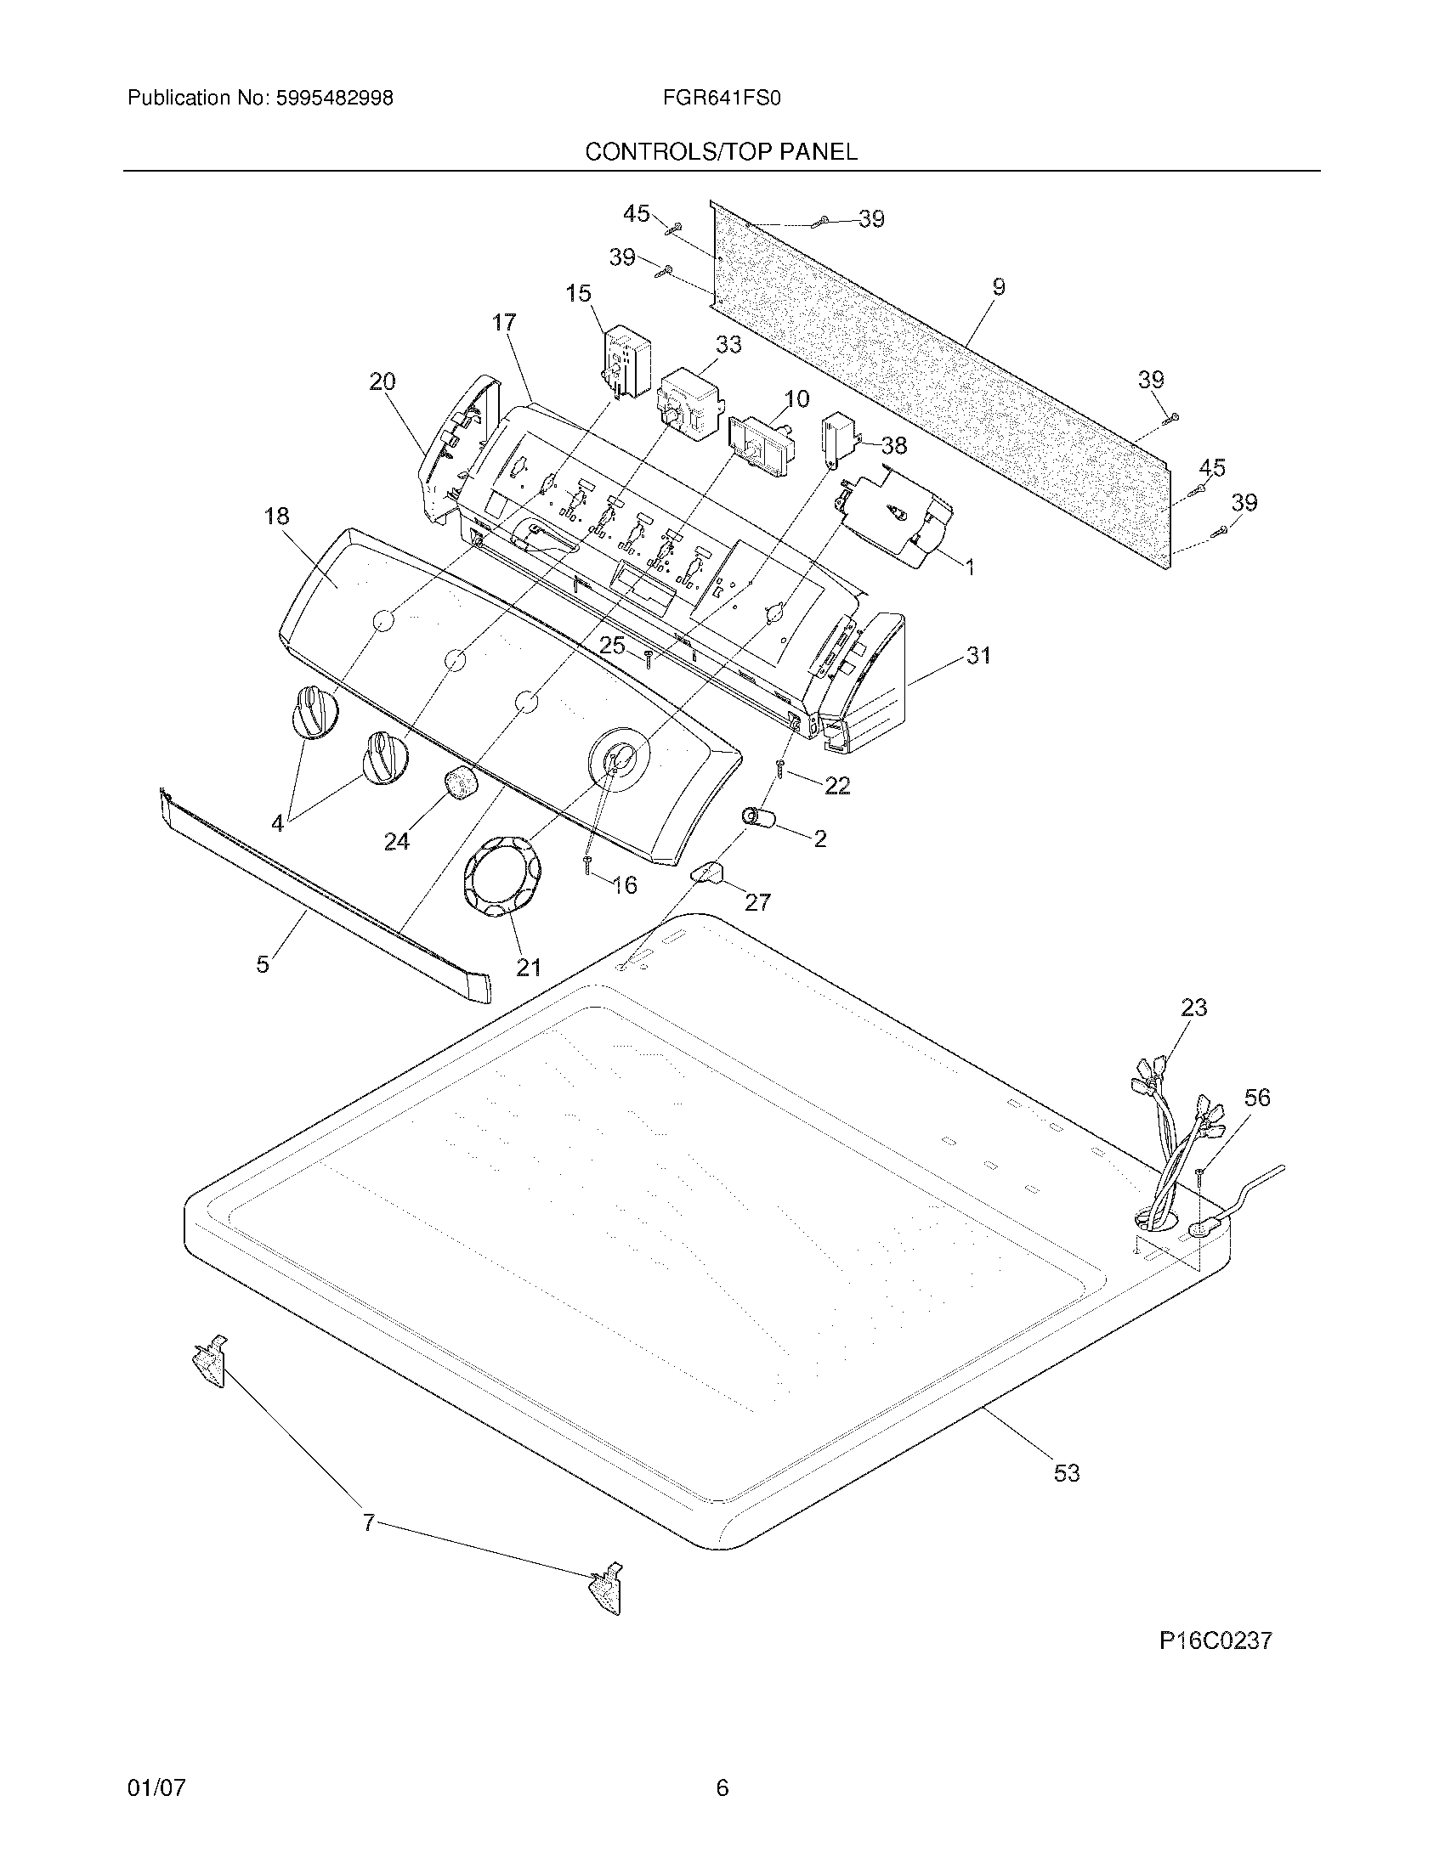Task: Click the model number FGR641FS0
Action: tap(721, 99)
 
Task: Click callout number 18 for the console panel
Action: tap(276, 516)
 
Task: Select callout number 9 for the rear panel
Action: tap(998, 287)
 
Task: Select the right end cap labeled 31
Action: tap(864, 685)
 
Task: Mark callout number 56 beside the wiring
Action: tap(1256, 1097)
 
